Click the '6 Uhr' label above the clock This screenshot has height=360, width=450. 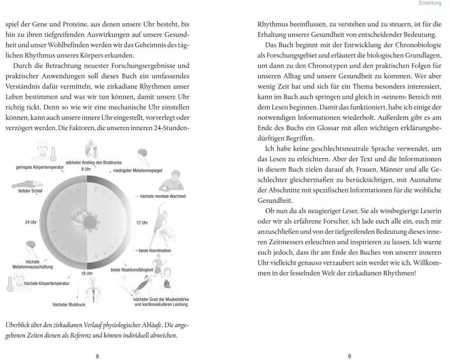pyautogui.click(x=86, y=169)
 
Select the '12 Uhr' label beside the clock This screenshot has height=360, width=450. pyautogui.click(x=142, y=223)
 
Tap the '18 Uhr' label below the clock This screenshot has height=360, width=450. pyautogui.click(x=87, y=273)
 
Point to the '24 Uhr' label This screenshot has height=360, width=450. pyautogui.click(x=31, y=223)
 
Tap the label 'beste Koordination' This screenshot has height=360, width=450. pyautogui.click(x=155, y=250)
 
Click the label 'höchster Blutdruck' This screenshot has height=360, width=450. pyautogui.click(x=69, y=305)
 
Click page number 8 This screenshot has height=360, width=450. pyautogui.click(x=98, y=355)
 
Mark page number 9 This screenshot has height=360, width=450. pyautogui.click(x=350, y=355)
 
